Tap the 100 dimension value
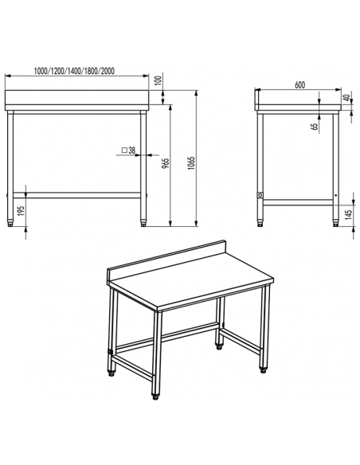pyautogui.click(x=159, y=80)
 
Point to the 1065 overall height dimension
pyautogui.click(x=192, y=162)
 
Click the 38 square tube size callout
pyautogui.click(x=131, y=150)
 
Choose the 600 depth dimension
pyautogui.click(x=300, y=84)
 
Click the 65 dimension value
pyautogui.click(x=315, y=123)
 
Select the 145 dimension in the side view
pyautogui.click(x=346, y=213)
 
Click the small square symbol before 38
pyautogui.click(x=124, y=150)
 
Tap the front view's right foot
pyautogui.click(x=143, y=219)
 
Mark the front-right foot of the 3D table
pyautogui.click(x=155, y=393)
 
